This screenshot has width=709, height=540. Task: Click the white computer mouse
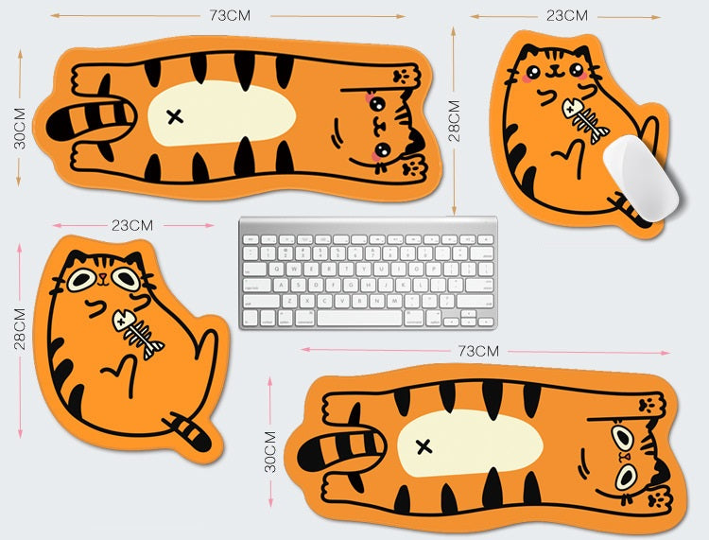point(641,177)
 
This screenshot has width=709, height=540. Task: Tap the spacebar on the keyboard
point(359,318)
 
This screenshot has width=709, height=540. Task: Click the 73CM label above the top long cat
point(230,15)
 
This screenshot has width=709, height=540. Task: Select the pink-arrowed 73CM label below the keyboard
point(478,351)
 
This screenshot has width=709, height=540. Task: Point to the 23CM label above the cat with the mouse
point(567,16)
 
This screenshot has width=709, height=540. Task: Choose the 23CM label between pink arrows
point(132,225)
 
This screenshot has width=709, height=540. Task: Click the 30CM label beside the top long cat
point(20,129)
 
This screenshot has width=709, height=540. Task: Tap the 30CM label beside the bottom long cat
point(270,452)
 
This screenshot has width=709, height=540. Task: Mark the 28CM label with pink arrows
point(20,329)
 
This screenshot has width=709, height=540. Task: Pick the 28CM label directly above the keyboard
point(454,121)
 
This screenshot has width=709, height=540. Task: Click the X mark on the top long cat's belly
point(175,116)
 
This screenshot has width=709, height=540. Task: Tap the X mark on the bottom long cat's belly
point(424,447)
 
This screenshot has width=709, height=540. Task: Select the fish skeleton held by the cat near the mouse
point(585,120)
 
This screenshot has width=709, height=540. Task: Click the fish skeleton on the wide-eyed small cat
point(138,333)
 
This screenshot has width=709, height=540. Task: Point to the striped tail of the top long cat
point(91,120)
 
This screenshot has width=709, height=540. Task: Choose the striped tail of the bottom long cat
point(341,449)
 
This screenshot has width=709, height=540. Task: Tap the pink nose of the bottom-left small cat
point(104,275)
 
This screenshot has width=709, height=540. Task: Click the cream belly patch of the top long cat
point(221,113)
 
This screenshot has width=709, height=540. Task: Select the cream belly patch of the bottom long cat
point(470,444)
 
